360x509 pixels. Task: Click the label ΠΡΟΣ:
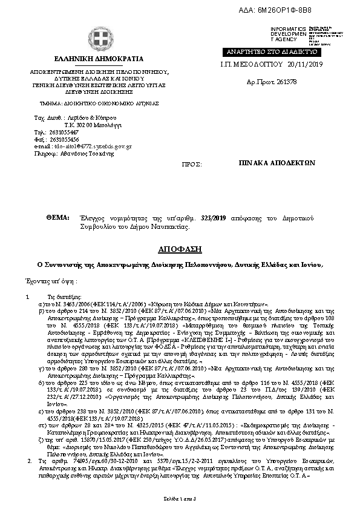pos(191,164)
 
